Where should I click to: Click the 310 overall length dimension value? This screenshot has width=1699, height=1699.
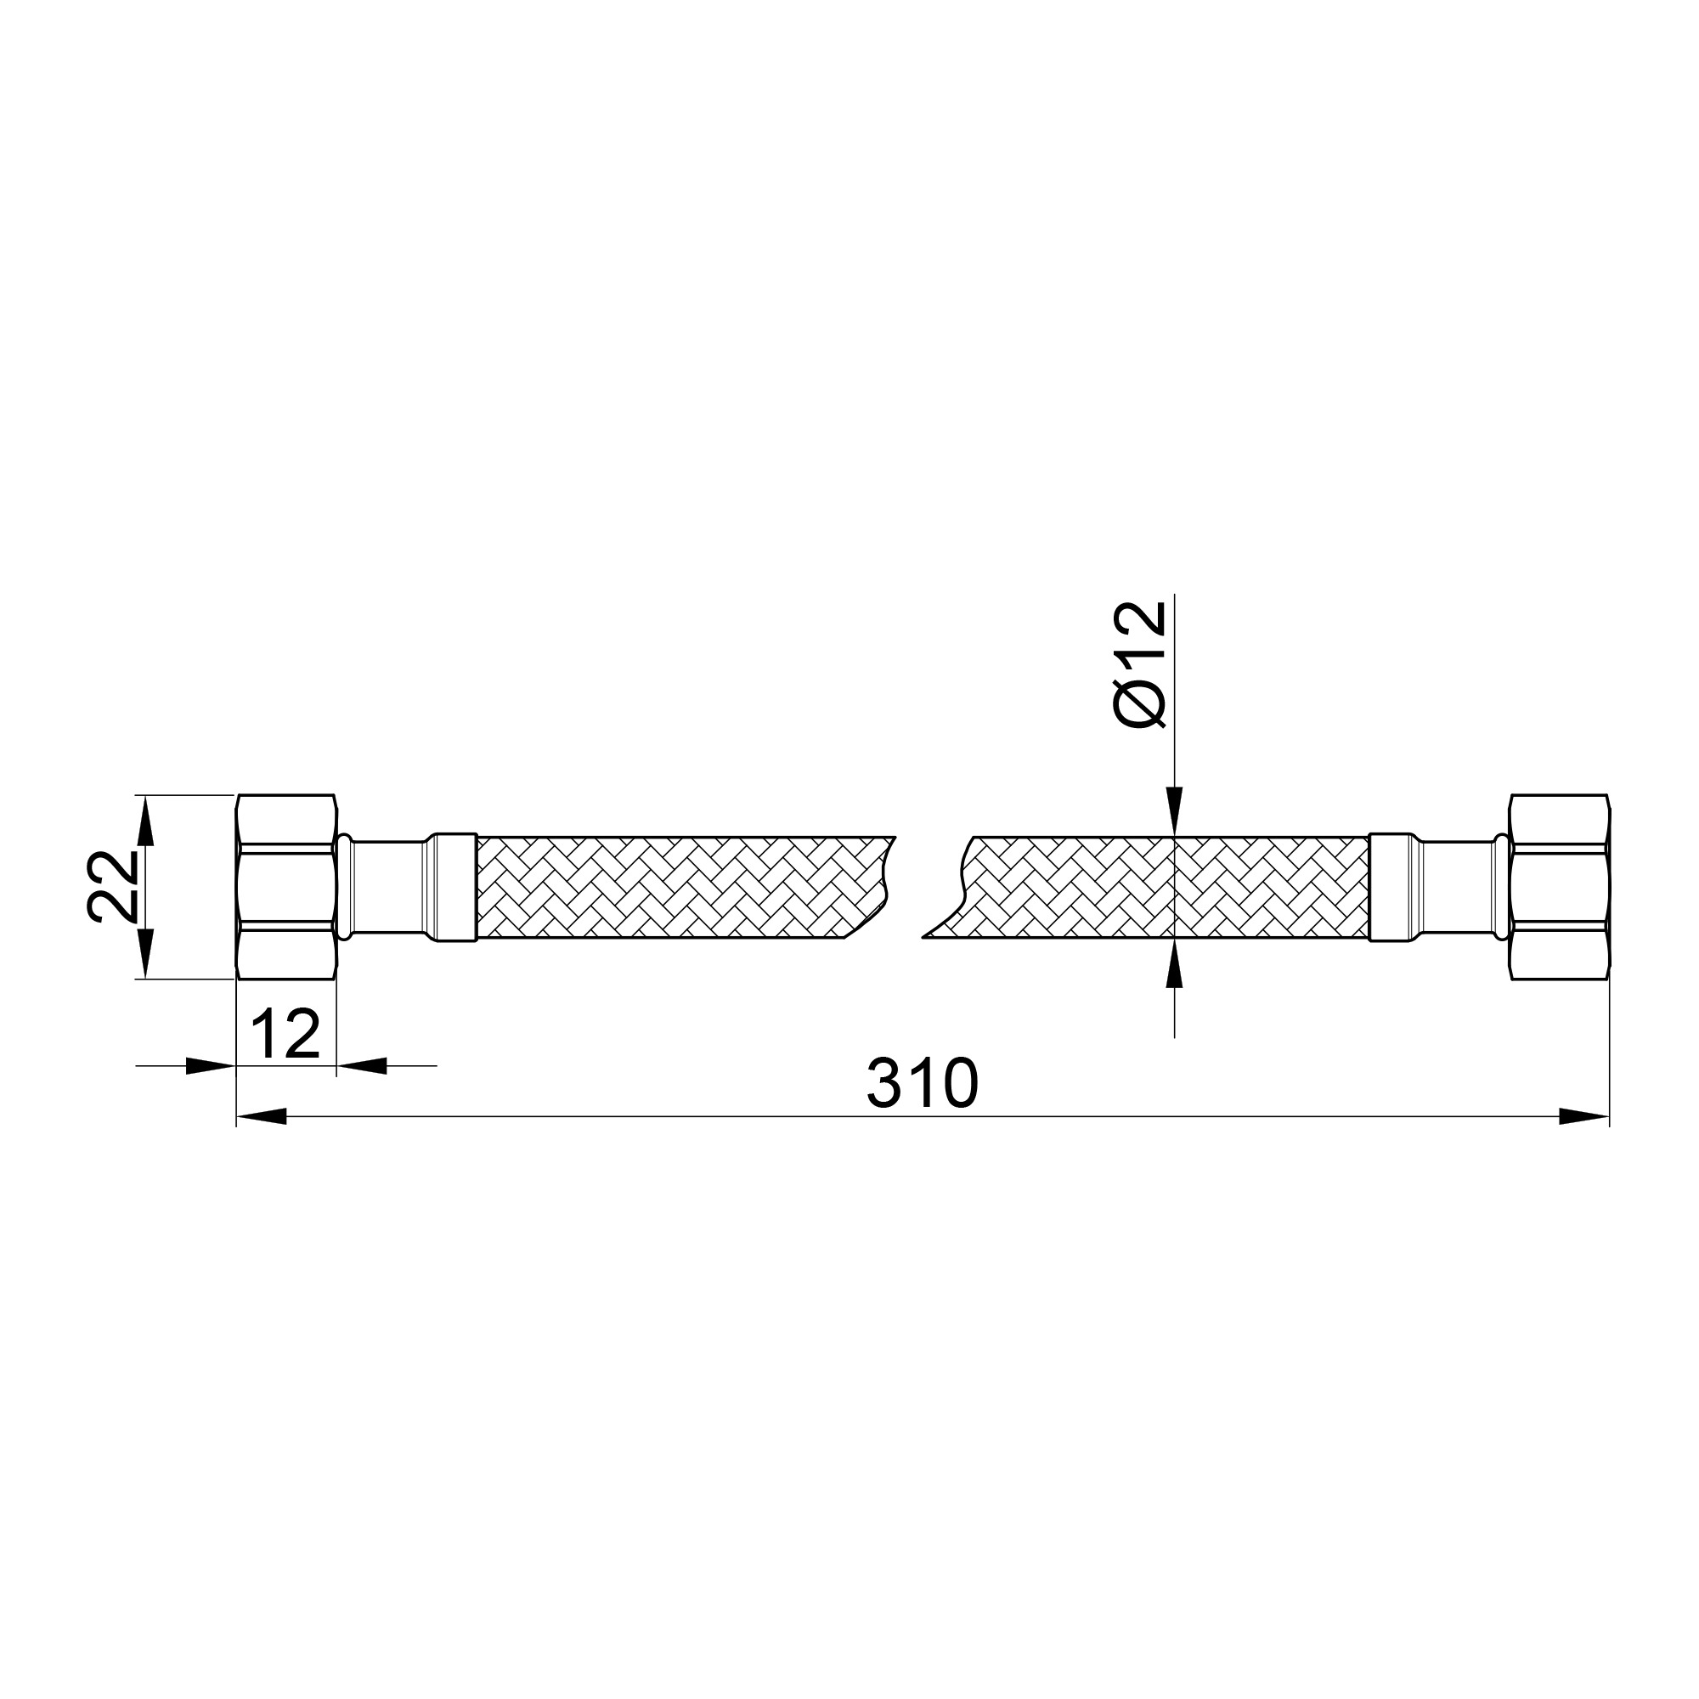pyautogui.click(x=922, y=1082)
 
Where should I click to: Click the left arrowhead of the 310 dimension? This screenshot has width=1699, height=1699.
pyautogui.click(x=262, y=1117)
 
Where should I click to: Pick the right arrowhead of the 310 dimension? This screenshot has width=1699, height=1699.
pyautogui.click(x=1583, y=1117)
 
